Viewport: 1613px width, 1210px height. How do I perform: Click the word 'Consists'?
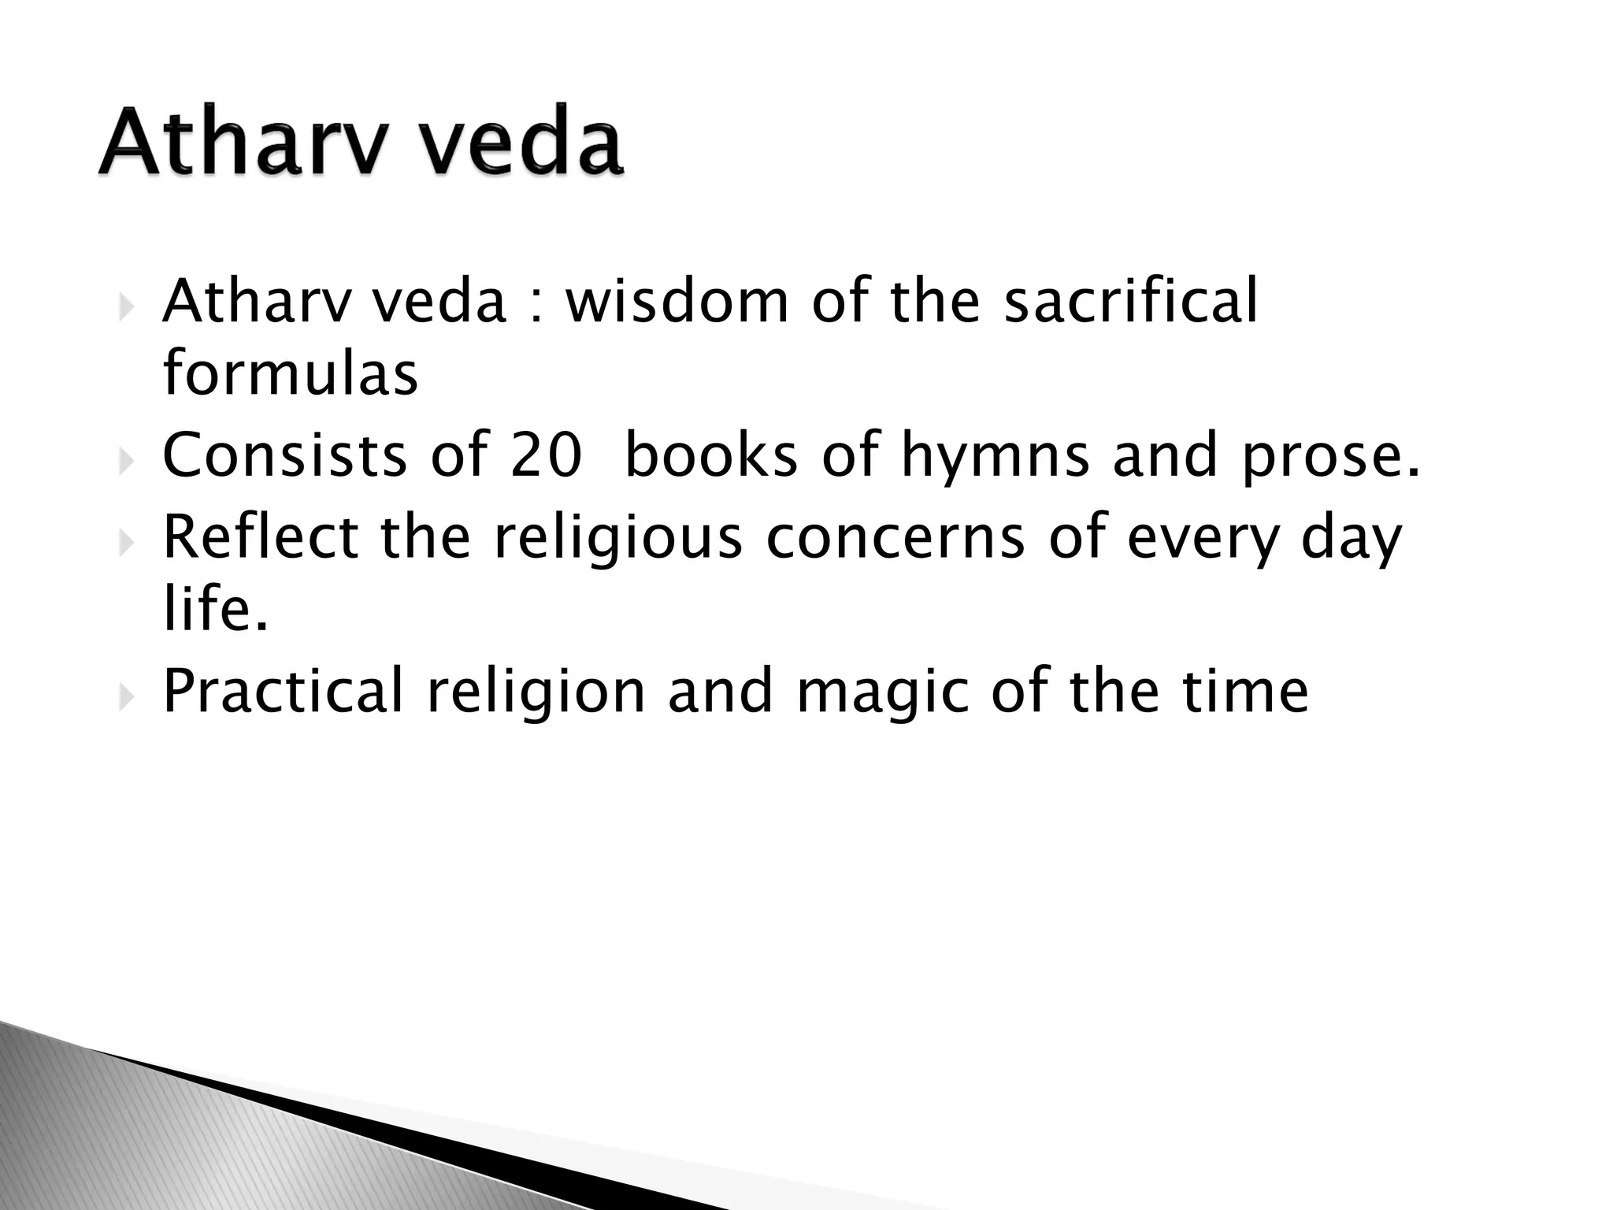(x=284, y=457)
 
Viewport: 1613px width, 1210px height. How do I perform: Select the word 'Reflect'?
(x=261, y=536)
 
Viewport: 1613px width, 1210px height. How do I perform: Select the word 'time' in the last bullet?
(x=1245, y=691)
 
